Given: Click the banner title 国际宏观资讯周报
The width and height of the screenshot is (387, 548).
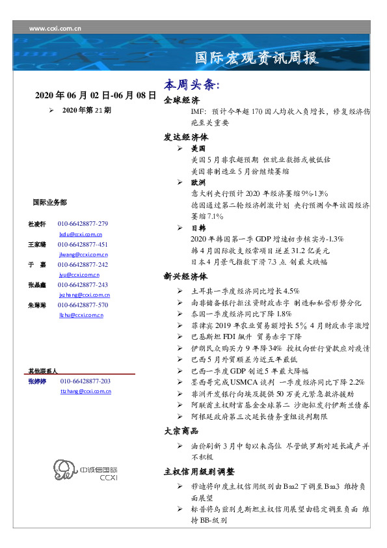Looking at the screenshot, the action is [258, 59].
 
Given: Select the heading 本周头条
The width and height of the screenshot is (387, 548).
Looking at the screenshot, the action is [192, 85].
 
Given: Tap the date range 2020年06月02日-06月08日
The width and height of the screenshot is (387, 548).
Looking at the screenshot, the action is [96, 95].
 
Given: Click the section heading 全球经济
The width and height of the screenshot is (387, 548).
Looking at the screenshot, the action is [181, 101].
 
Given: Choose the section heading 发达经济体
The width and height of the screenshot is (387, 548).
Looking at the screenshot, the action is [185, 138].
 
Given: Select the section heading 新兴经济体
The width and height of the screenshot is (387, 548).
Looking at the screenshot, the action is [185, 276].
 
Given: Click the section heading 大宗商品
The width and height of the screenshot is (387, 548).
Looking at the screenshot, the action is [181, 431].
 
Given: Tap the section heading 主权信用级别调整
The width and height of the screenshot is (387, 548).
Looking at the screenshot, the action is [199, 471].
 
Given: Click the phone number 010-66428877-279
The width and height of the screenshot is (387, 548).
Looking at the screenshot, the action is [83, 223].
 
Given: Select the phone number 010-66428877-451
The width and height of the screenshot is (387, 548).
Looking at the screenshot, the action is [83, 244].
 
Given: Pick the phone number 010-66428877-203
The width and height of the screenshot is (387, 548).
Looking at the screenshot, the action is [85, 381].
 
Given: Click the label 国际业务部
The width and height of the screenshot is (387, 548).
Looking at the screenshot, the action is [49, 202].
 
